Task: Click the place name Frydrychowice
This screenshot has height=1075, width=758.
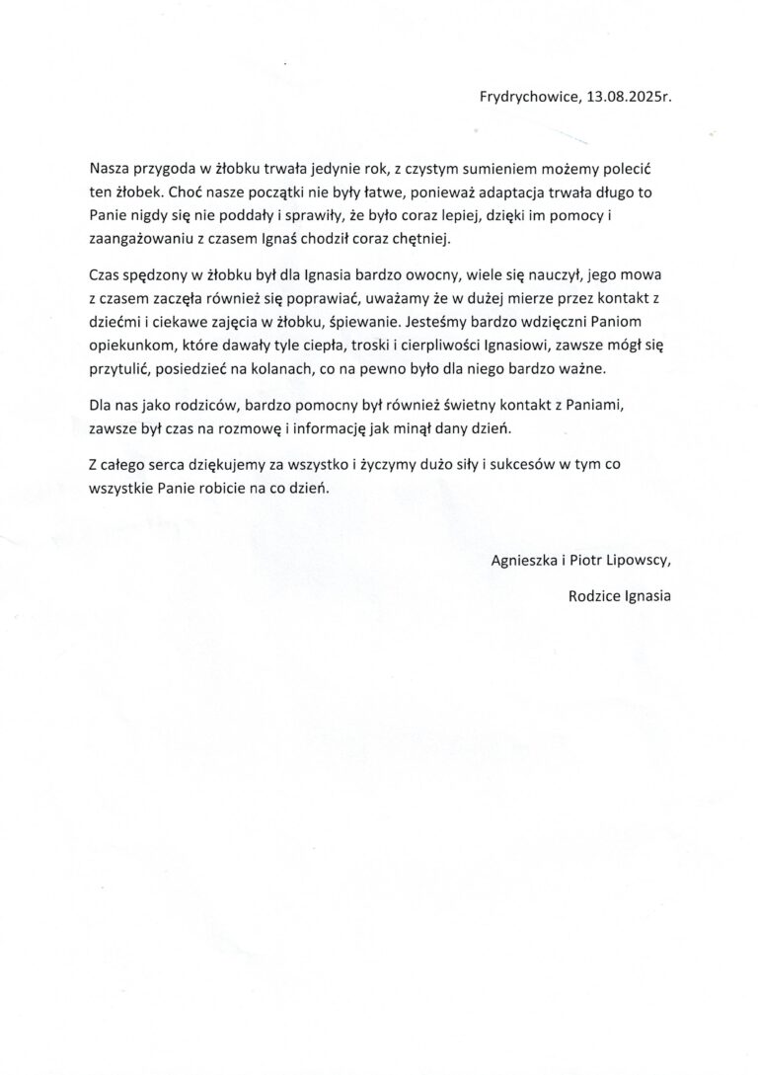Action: click(528, 98)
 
